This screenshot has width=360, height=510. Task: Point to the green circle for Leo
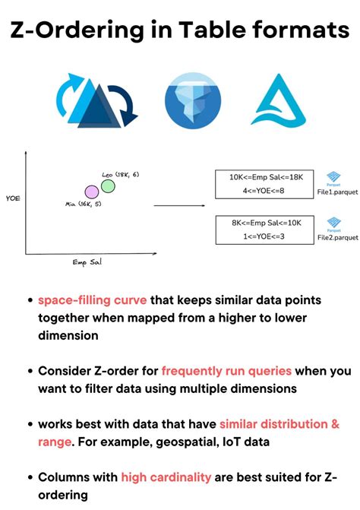[x=108, y=185]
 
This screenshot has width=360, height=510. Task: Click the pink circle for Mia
[x=92, y=192]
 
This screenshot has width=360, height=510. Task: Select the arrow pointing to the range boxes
[x=181, y=205]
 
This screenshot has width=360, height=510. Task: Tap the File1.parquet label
[x=336, y=193]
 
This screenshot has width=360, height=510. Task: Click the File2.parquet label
[x=337, y=237]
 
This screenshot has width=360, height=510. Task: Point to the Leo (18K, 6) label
[x=121, y=175]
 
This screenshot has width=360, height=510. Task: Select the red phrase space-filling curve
[x=93, y=300]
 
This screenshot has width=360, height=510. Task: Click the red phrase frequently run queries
[x=226, y=372]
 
